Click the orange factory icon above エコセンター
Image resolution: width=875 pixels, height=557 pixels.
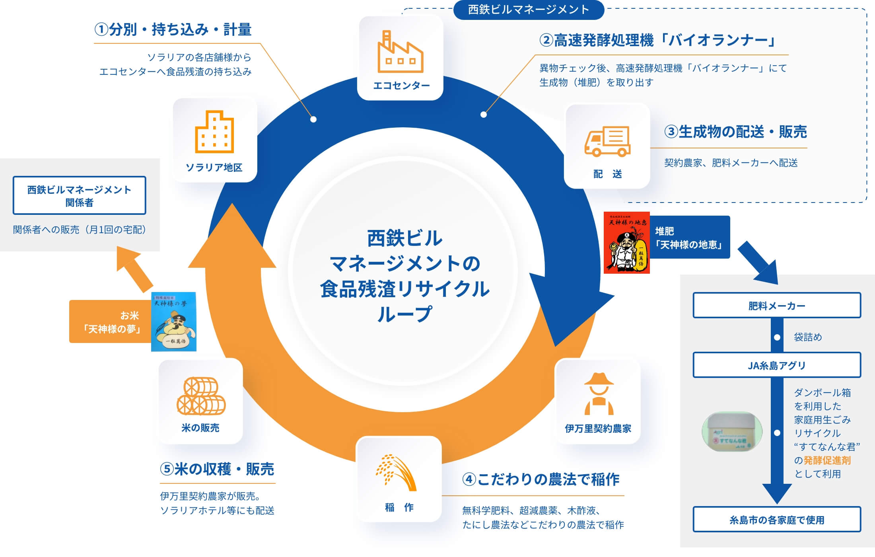click(x=400, y=52)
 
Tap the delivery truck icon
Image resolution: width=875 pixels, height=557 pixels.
click(x=607, y=141)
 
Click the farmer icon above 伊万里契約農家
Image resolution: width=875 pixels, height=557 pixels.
click(x=599, y=393)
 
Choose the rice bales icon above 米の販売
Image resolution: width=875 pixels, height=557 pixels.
click(x=201, y=395)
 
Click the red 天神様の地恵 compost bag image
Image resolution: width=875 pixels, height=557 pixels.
click(x=626, y=243)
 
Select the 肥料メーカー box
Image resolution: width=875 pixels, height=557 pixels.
click(x=776, y=306)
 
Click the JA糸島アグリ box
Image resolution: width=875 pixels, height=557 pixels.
click(x=776, y=365)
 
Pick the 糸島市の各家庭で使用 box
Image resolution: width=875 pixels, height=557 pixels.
click(x=776, y=520)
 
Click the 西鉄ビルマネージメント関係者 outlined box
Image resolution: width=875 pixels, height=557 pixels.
click(x=80, y=196)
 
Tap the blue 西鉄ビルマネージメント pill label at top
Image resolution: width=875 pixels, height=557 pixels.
click(x=528, y=10)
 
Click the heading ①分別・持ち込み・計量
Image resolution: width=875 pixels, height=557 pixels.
click(x=173, y=30)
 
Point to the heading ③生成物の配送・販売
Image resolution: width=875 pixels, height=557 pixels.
click(x=735, y=132)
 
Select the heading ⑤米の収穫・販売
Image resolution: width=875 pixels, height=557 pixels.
click(x=217, y=469)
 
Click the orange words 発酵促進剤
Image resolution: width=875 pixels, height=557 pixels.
click(x=827, y=460)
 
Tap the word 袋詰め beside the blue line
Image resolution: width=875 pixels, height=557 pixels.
click(x=808, y=337)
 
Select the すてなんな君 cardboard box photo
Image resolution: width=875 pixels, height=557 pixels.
click(x=732, y=432)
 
